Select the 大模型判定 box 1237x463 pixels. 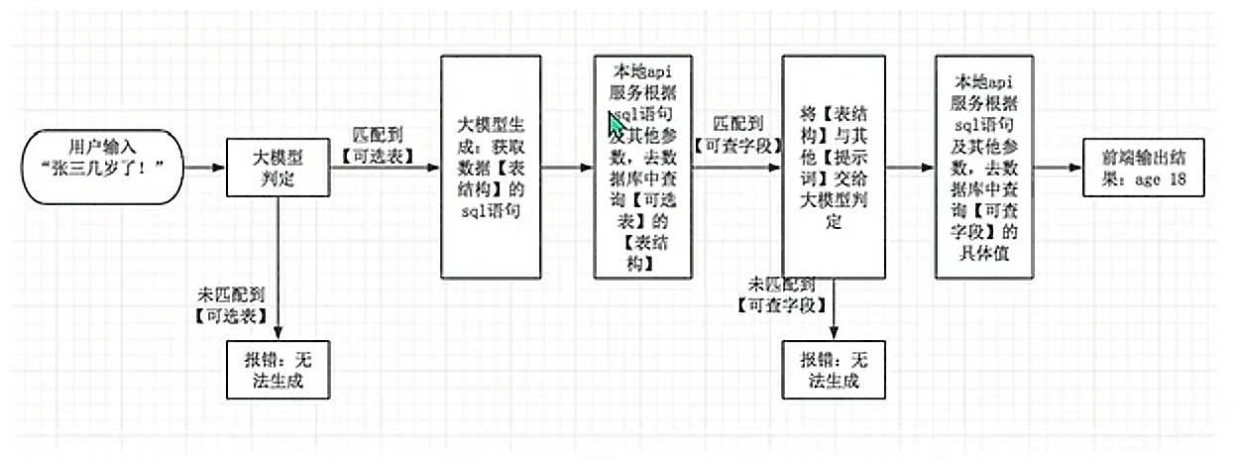coord(277,168)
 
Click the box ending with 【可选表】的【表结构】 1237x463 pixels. coord(642,168)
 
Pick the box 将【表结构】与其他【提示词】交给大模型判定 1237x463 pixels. coord(834,168)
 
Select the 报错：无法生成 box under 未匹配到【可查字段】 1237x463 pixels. coord(834,369)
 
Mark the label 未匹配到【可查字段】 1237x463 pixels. coord(783,293)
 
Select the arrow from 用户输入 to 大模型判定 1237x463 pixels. coord(205,168)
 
